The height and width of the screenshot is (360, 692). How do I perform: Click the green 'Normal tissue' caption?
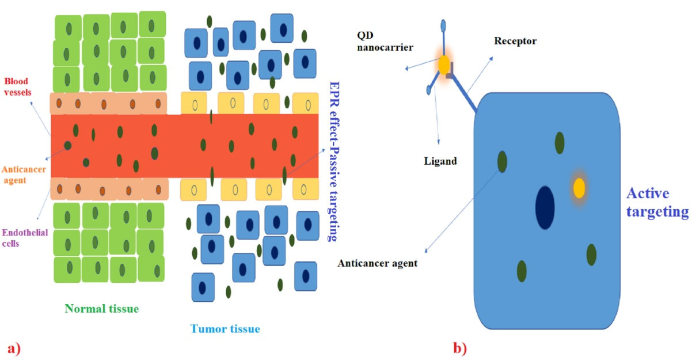coord(101,309)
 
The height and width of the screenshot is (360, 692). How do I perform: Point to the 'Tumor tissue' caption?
coord(225,329)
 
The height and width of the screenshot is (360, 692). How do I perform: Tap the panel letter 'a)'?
coord(14,348)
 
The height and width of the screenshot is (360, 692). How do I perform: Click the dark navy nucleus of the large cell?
coord(545,206)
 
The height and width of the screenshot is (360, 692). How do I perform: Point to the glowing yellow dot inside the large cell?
coord(579,188)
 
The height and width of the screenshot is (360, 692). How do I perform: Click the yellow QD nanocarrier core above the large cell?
coord(444,65)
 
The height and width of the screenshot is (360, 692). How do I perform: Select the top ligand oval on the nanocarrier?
coord(443,25)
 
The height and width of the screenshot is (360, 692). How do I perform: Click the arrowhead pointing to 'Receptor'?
coord(491,57)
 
